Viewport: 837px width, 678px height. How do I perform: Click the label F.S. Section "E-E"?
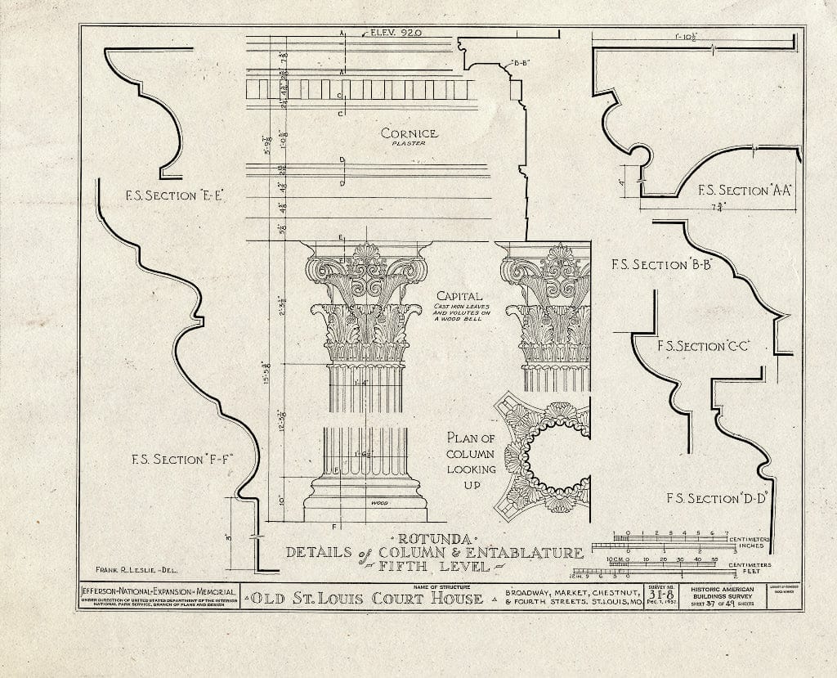pos(174,195)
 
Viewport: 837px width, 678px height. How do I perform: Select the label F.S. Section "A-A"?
pos(744,191)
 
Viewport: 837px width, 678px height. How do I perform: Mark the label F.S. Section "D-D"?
pos(714,498)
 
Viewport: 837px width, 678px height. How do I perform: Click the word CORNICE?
pos(409,133)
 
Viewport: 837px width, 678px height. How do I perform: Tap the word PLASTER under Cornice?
pos(409,145)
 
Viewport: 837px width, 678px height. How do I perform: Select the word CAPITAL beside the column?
pos(459,296)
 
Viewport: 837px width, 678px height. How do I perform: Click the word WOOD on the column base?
pos(378,502)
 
